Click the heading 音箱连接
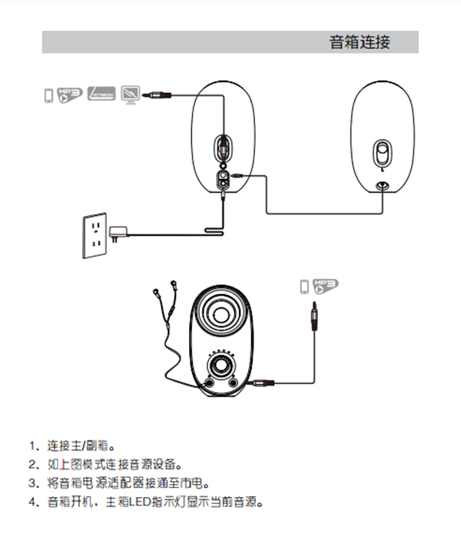[x=360, y=43]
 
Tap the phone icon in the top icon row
[x=48, y=94]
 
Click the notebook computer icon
[x=101, y=93]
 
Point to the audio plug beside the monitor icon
[x=157, y=94]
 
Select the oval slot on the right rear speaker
[x=382, y=152]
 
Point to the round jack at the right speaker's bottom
[x=382, y=184]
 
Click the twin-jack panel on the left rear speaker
[x=223, y=180]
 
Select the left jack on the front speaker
[x=210, y=382]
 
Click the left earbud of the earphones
[x=156, y=291]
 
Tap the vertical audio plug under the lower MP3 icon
[x=313, y=316]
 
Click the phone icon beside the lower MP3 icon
[x=305, y=287]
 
